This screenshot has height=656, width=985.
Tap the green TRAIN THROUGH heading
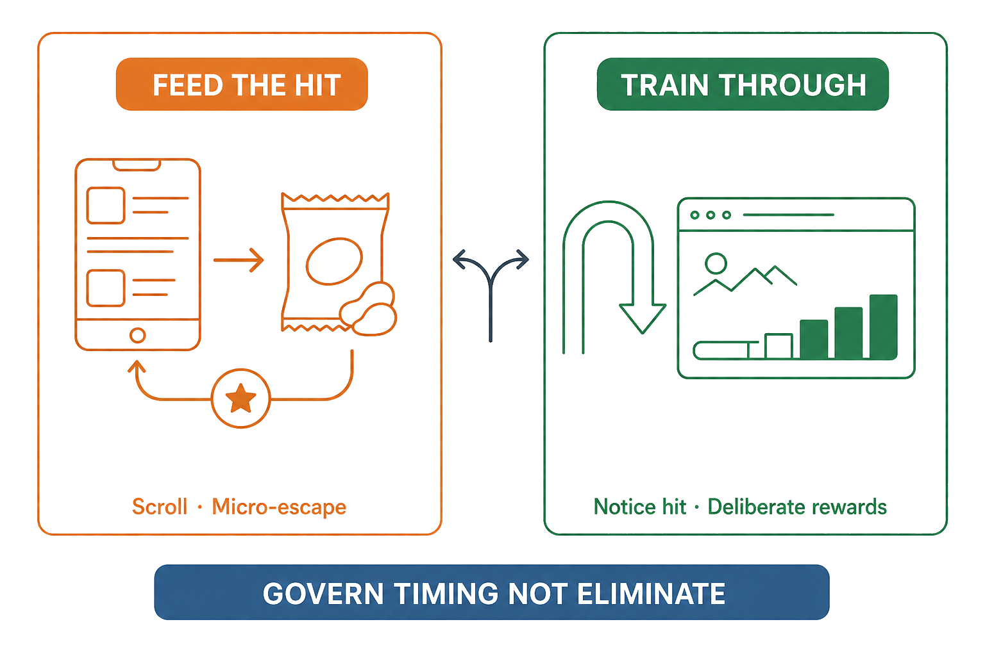(x=743, y=84)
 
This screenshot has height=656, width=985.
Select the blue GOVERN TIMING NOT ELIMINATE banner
(x=492, y=592)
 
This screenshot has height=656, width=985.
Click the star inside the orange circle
(x=240, y=398)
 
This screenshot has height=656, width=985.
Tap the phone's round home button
(x=138, y=335)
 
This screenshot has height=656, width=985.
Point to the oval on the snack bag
(x=334, y=261)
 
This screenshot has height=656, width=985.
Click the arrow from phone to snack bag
(x=239, y=260)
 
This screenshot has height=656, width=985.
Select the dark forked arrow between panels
(x=491, y=290)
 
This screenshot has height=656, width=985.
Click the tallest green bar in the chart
(x=884, y=327)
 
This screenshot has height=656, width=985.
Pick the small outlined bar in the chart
(x=779, y=346)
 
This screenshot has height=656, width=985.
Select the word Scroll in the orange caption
(x=160, y=507)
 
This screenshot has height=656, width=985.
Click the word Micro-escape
(x=279, y=507)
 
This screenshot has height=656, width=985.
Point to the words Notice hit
(x=640, y=507)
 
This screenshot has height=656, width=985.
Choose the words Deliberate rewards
(x=797, y=507)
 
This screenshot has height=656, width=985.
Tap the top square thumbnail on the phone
(x=106, y=205)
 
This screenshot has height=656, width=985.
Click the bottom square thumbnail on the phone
(x=106, y=288)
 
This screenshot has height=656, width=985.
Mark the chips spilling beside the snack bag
(x=369, y=309)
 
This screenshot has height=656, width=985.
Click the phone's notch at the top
(x=137, y=165)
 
